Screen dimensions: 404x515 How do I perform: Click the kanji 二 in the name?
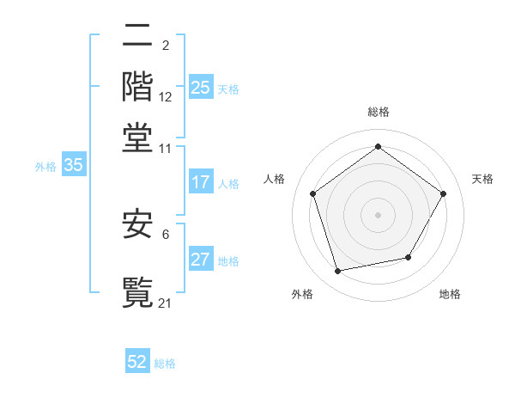[137, 37]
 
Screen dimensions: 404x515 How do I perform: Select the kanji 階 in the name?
[137, 87]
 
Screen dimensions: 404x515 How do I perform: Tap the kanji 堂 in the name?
[137, 137]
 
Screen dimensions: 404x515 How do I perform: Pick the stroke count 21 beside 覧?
[166, 303]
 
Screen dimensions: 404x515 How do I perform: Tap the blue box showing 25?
[201, 87]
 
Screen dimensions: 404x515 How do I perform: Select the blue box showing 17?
[201, 182]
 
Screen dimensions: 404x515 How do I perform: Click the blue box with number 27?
[201, 260]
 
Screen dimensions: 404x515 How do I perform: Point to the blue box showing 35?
[73, 166]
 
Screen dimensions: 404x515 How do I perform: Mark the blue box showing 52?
[137, 362]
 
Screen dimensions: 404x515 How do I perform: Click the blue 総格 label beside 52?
[165, 364]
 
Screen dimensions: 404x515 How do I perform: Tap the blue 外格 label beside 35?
[45, 167]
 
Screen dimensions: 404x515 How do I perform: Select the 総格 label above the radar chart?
[378, 112]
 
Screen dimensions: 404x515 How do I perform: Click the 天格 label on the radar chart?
[482, 179]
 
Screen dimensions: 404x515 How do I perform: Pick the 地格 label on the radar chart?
[450, 294]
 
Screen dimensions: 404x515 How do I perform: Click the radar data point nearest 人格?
[313, 193]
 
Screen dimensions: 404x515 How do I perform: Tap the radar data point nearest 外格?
[338, 272]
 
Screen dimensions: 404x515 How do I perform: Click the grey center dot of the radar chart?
[378, 214]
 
